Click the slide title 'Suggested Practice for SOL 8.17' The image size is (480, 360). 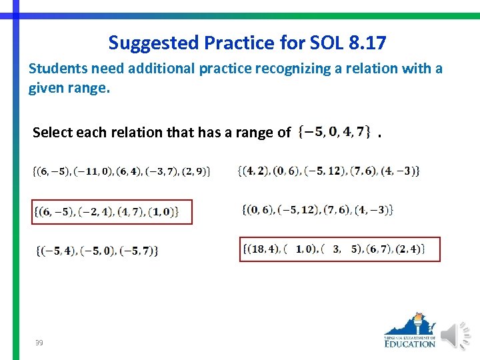coord(247,43)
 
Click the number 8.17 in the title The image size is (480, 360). coord(367,43)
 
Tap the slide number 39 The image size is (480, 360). coord(39,343)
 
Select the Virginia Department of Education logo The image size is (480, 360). coord(410,330)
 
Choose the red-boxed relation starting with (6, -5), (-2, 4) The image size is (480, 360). coord(112,212)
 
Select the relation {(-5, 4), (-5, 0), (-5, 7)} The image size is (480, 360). coord(97,251)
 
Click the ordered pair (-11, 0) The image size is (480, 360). coord(94,171)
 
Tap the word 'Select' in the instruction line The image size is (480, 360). coord(51,133)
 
